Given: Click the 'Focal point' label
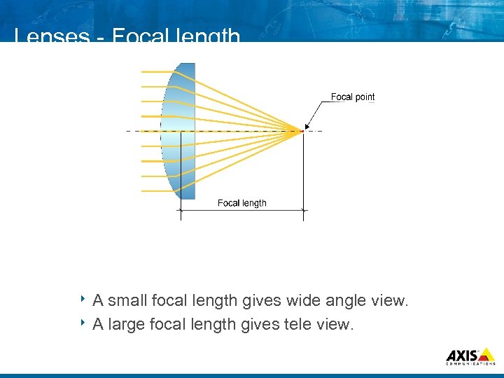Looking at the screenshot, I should [352, 97].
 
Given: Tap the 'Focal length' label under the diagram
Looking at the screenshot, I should [241, 203].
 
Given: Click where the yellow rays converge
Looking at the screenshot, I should [302, 130].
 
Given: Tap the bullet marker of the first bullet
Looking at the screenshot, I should [82, 300].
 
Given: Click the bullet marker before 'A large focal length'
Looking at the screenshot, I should [82, 323].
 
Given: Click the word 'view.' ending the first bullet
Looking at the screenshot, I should [390, 301].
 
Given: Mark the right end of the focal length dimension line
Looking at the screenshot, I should [303, 209].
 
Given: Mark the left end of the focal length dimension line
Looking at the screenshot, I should [181, 209].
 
